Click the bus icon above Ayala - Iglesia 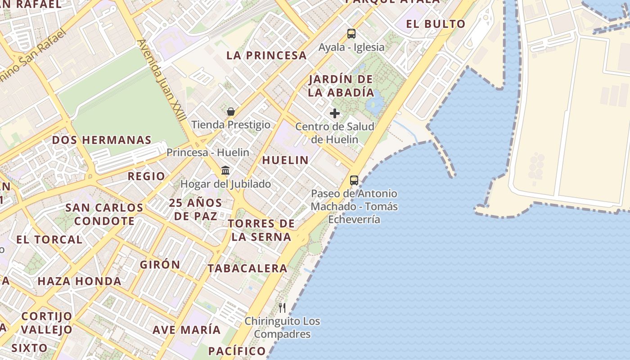[x=351, y=34]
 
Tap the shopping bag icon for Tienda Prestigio [x=231, y=112]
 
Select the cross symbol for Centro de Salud [x=335, y=113]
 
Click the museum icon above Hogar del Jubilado [x=225, y=171]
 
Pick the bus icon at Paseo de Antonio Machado [x=354, y=180]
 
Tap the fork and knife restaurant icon [x=282, y=308]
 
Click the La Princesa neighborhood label [x=267, y=56]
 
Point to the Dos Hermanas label [x=102, y=140]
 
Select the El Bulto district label [x=436, y=24]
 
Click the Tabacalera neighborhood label [x=247, y=269]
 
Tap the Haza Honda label [x=79, y=282]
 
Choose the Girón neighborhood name [x=160, y=265]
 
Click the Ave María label [x=186, y=330]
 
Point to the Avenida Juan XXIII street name [x=162, y=80]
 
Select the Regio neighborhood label [x=146, y=176]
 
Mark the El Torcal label [x=49, y=240]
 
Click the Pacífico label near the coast [x=237, y=351]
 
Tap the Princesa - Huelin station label [x=207, y=153]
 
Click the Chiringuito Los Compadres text [x=282, y=328]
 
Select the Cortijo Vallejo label [x=46, y=323]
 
